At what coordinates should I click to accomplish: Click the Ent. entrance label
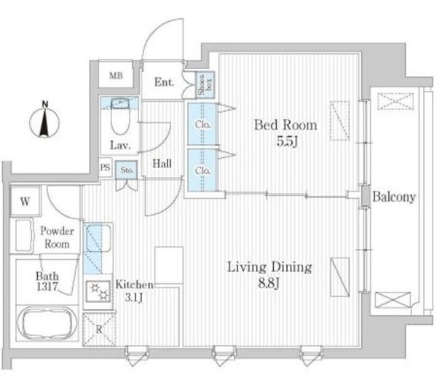click(165, 82)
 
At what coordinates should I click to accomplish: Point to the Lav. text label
click(120, 145)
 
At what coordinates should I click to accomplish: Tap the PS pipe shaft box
click(106, 167)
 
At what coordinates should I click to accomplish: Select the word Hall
click(162, 164)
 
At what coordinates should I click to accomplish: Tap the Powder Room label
click(55, 237)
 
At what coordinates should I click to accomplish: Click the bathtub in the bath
click(47, 322)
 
